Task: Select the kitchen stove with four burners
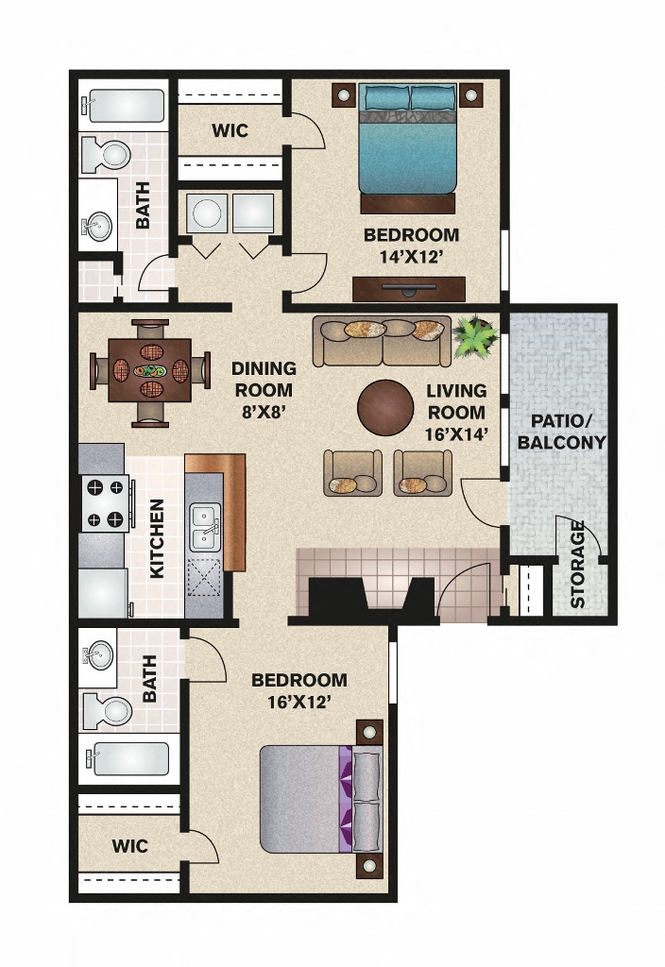[x=105, y=503]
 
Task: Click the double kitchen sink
[x=204, y=528]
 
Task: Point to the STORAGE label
[x=577, y=564]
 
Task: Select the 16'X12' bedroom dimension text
[x=298, y=702]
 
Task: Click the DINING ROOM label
[x=264, y=379]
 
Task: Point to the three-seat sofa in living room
[x=382, y=341]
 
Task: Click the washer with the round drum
[x=207, y=214]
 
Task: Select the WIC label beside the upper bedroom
[x=230, y=130]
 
